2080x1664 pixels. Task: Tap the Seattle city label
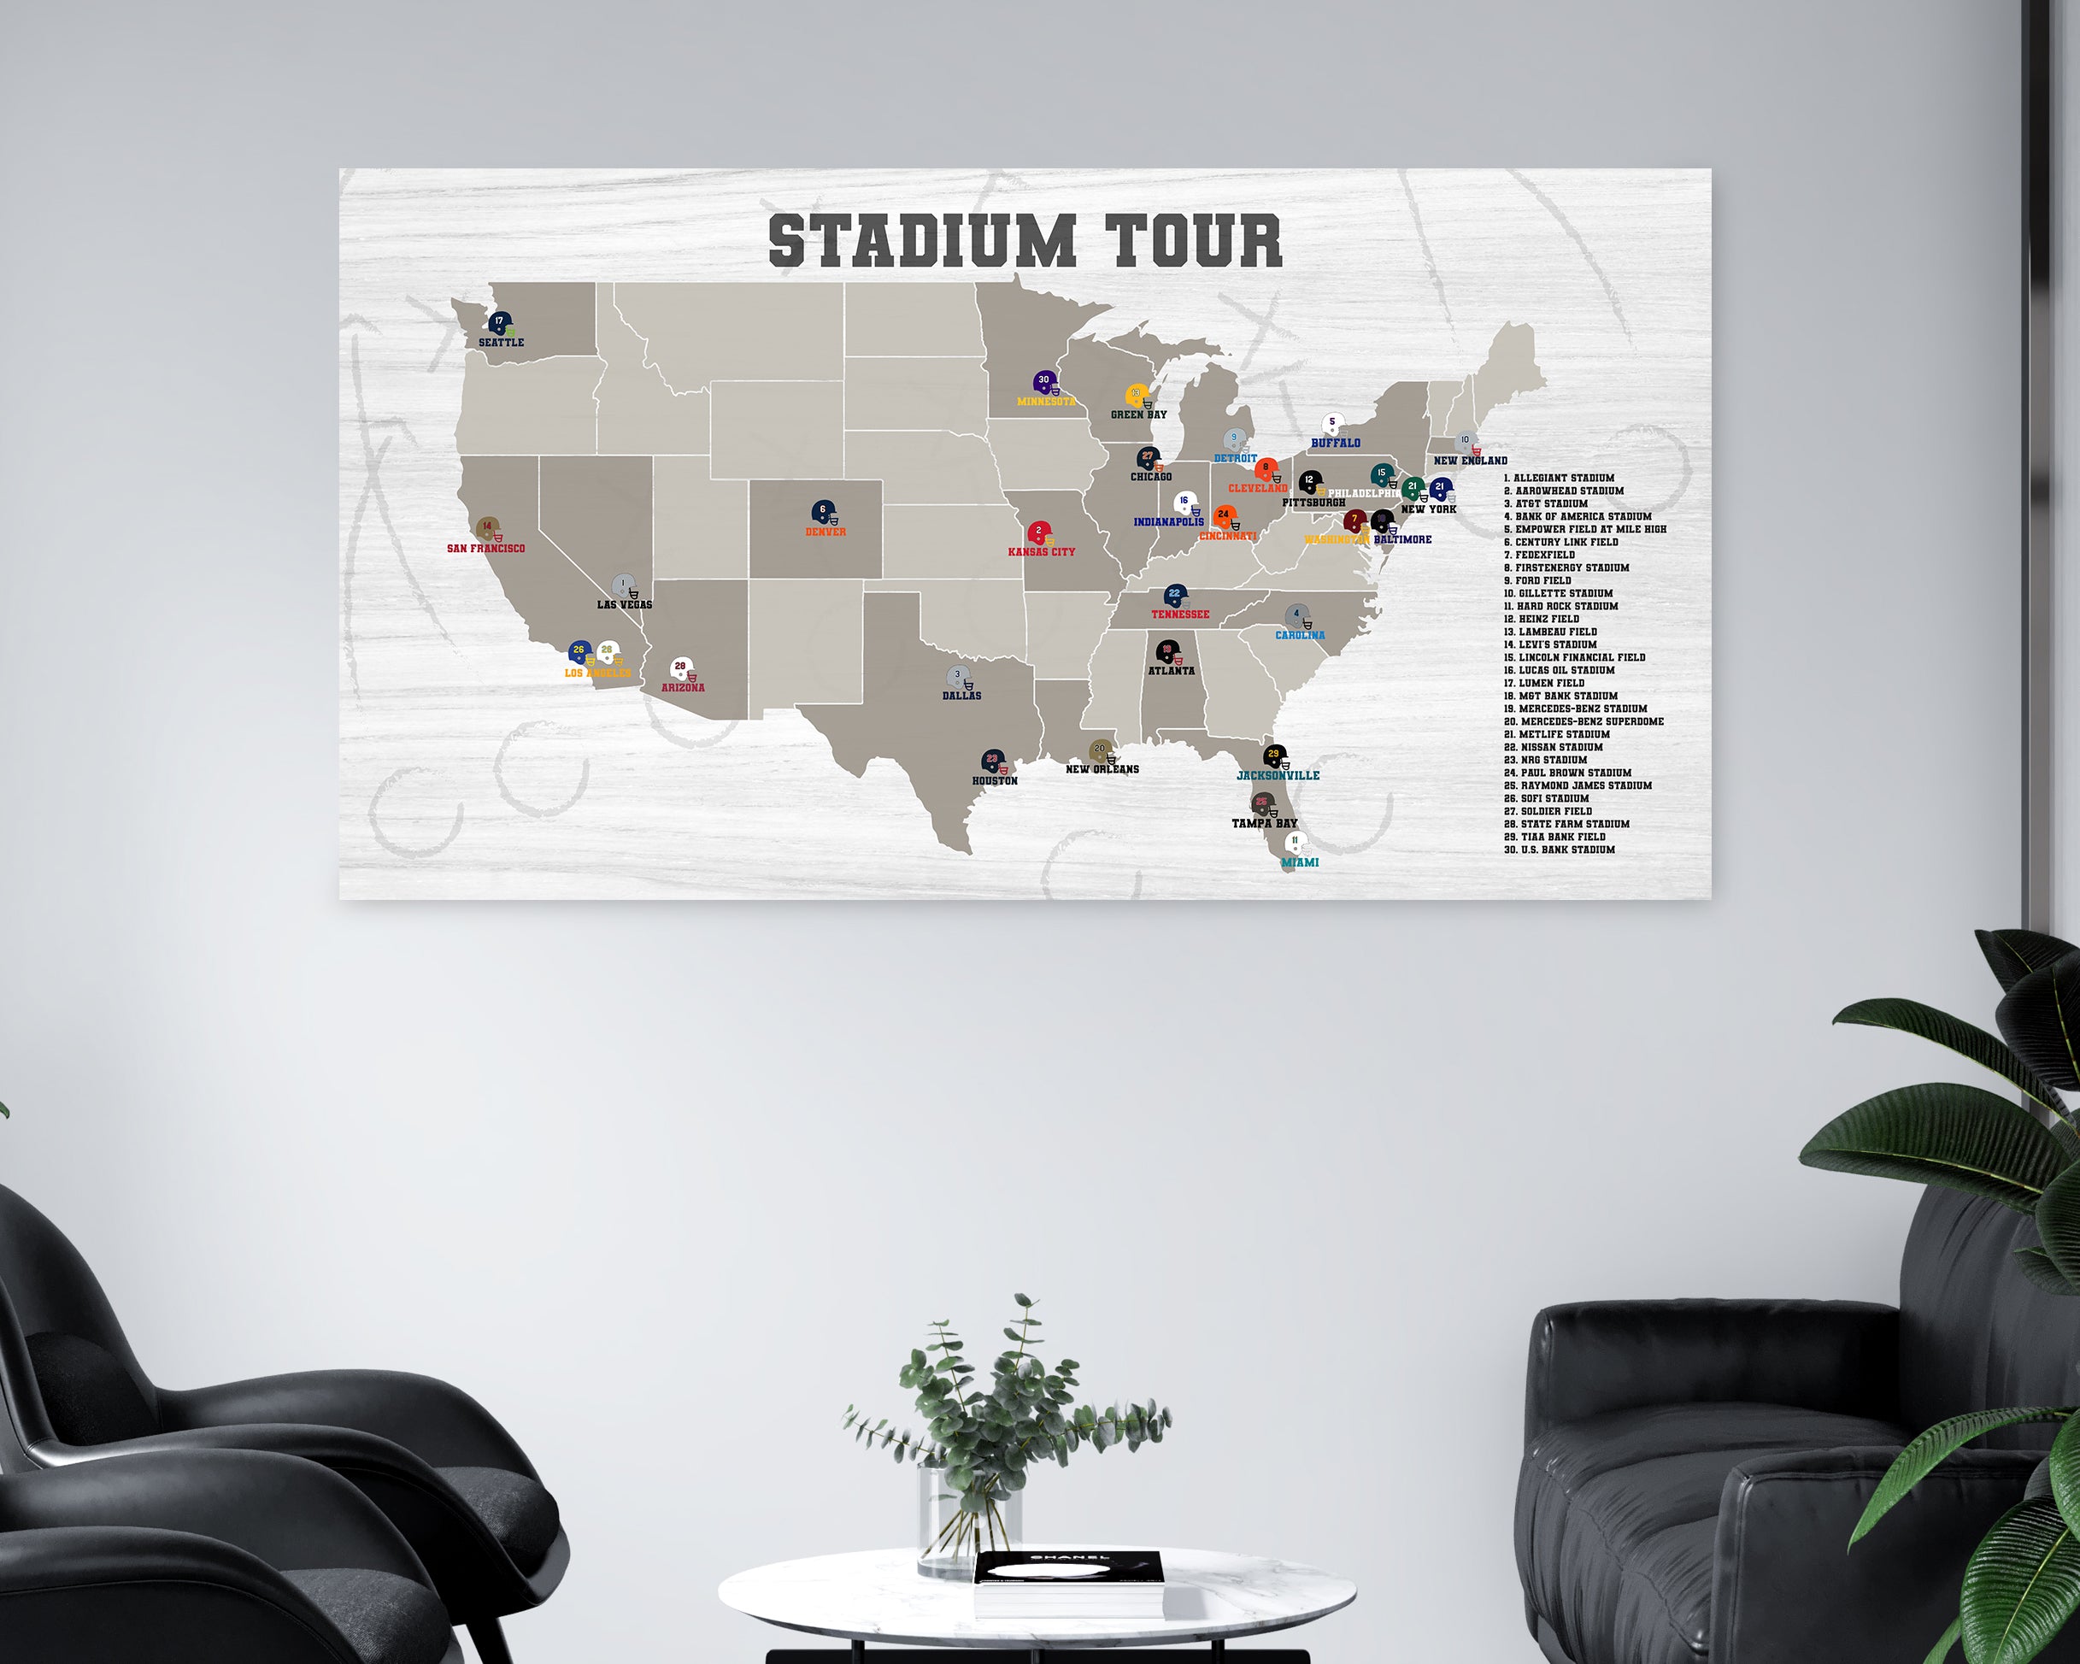click(501, 343)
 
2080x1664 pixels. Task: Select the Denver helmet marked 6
click(824, 512)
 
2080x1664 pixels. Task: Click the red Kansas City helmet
click(1039, 533)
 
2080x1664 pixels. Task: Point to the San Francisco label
click(486, 549)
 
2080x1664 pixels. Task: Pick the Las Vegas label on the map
click(624, 605)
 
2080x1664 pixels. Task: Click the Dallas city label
click(962, 696)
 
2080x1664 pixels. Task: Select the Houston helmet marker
click(993, 762)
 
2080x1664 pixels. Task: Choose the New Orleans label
click(1102, 770)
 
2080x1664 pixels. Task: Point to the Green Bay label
click(1138, 415)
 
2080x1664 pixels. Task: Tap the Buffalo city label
click(1335, 444)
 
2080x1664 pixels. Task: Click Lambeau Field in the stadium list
click(1550, 632)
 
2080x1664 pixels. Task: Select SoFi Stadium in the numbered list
click(1547, 799)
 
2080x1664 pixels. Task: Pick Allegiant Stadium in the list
click(1558, 479)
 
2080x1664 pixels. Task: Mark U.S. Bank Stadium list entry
click(1559, 850)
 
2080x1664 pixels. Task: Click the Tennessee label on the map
click(1180, 614)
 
